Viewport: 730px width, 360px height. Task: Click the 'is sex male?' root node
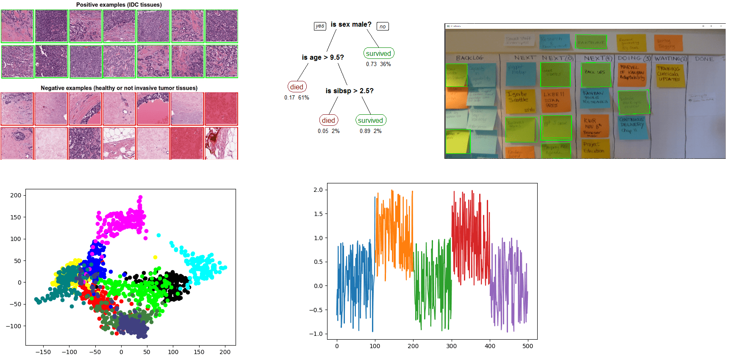click(351, 25)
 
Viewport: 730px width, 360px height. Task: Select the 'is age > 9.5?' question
click(322, 57)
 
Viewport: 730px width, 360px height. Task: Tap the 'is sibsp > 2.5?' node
click(349, 91)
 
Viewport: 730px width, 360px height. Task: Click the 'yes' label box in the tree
click(320, 26)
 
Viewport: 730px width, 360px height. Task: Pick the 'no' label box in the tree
click(383, 26)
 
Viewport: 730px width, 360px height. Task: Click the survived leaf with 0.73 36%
click(378, 53)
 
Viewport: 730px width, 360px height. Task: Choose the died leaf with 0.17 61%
click(297, 87)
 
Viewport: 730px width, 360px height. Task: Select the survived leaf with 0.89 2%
click(370, 120)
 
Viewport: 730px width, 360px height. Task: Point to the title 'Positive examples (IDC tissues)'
click(119, 5)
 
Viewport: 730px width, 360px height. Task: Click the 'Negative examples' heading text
click(119, 88)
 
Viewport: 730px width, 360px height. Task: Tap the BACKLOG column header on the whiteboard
click(469, 58)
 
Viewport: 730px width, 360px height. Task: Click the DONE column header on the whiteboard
click(704, 59)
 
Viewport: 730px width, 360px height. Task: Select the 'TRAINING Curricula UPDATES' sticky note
click(669, 75)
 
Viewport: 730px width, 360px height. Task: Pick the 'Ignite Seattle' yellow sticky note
click(520, 101)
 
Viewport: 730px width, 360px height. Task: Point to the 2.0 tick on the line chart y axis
click(318, 190)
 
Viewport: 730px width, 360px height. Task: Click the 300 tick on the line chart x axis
click(452, 346)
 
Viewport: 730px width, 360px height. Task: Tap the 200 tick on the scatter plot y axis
click(16, 195)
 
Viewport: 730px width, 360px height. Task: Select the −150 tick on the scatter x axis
click(43, 352)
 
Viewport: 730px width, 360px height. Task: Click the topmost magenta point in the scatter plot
click(140, 197)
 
